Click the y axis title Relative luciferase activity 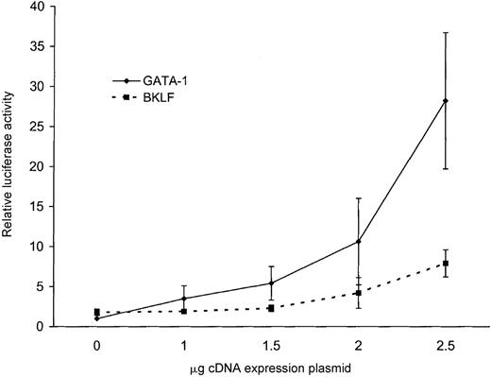pos(11,166)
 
